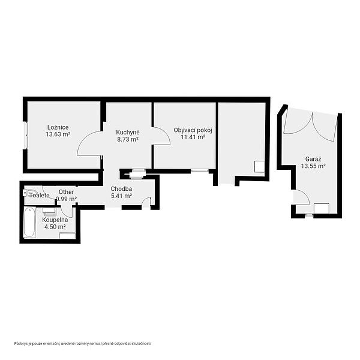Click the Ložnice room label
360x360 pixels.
[x=58, y=127]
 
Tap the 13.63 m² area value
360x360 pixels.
[x=58, y=134]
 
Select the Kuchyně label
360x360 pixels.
[x=128, y=133]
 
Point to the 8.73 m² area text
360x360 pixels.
[x=128, y=139]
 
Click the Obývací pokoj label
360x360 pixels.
[x=193, y=130]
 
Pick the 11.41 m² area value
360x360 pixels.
[x=193, y=137]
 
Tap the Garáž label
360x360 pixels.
[x=313, y=158]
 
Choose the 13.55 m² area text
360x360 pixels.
[x=313, y=166]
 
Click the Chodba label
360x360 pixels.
[x=121, y=189]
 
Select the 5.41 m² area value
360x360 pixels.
[x=121, y=196]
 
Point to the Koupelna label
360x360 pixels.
[x=55, y=220]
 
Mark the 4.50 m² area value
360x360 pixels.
[x=55, y=227]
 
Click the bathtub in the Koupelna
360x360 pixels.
[x=29, y=222]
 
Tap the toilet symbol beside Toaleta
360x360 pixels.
[x=30, y=193]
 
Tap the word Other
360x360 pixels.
[x=66, y=192]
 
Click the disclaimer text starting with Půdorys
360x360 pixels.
[x=83, y=343]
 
